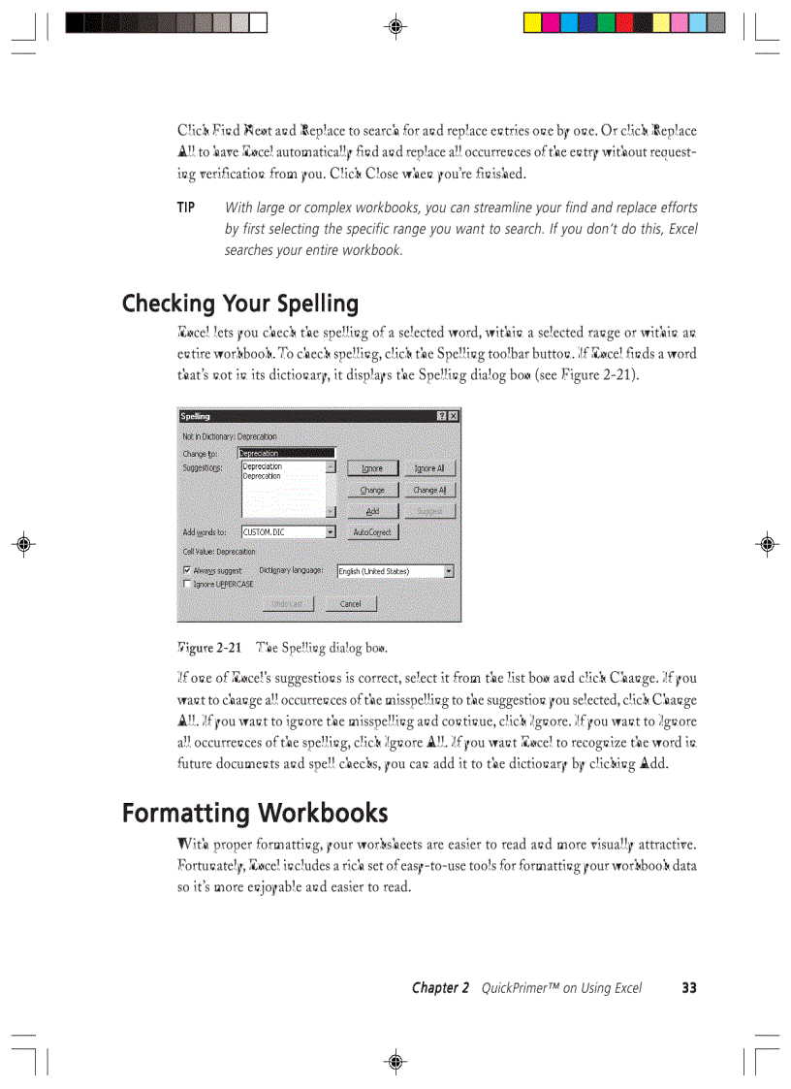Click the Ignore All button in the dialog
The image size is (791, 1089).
pyautogui.click(x=428, y=468)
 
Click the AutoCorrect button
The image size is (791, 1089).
pyautogui.click(x=372, y=532)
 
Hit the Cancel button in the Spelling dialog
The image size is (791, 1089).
pyautogui.click(x=350, y=603)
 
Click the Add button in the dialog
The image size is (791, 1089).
pyautogui.click(x=372, y=511)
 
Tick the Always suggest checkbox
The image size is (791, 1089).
pyautogui.click(x=187, y=571)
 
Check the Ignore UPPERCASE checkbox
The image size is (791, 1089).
pyautogui.click(x=187, y=584)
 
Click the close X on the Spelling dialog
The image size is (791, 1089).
pyautogui.click(x=453, y=416)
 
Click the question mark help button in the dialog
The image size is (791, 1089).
pyautogui.click(x=441, y=416)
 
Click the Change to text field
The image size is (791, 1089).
pyautogui.click(x=286, y=453)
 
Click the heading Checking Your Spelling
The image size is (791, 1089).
pyautogui.click(x=239, y=304)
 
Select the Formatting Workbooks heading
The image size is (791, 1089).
pyautogui.click(x=254, y=813)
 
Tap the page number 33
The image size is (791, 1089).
pyautogui.click(x=688, y=988)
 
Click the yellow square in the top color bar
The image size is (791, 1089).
pyautogui.click(x=532, y=22)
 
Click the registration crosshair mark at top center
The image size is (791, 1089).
pyautogui.click(x=395, y=26)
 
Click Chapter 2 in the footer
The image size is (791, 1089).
pyautogui.click(x=440, y=988)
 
